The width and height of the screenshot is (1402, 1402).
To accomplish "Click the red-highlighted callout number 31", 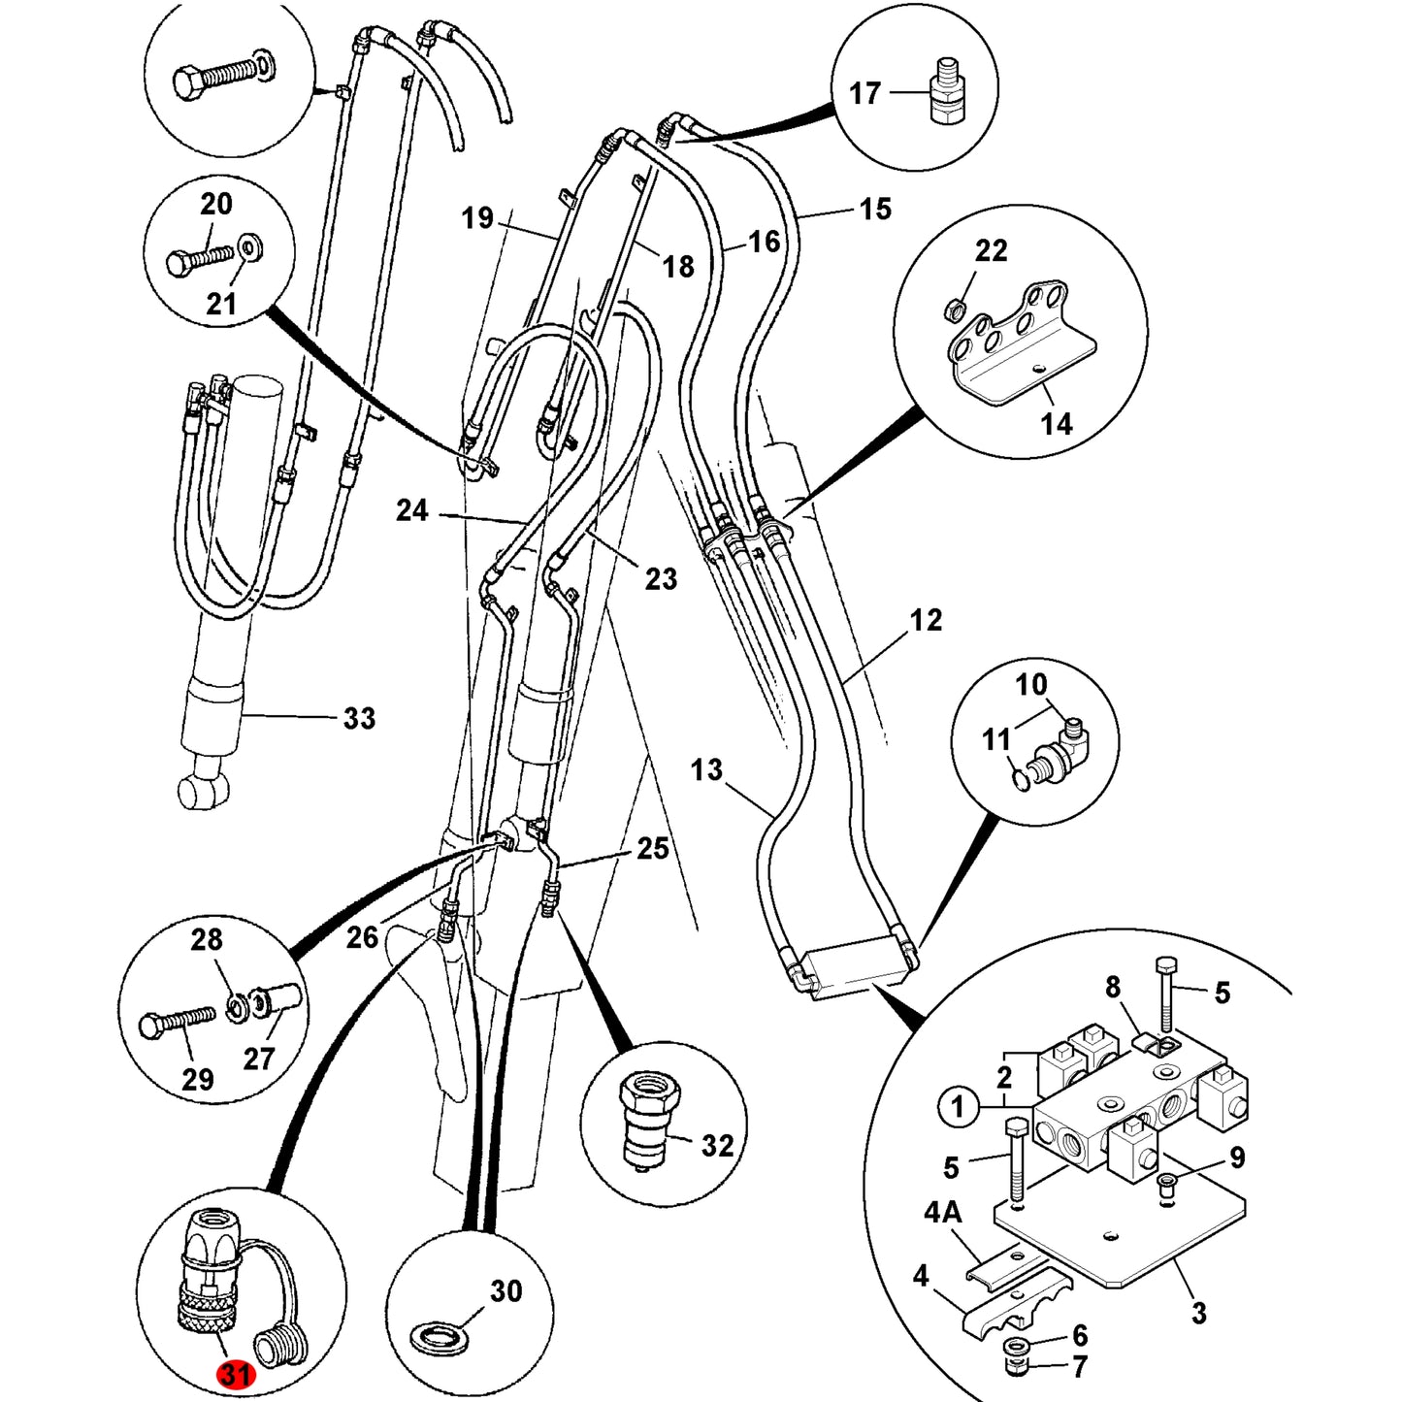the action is pyautogui.click(x=235, y=1374).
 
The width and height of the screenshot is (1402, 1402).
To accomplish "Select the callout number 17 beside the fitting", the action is pyautogui.click(x=864, y=93).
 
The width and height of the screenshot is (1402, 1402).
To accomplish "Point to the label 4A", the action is pyautogui.click(x=943, y=1214).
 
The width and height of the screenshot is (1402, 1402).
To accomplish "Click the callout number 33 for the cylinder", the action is pyautogui.click(x=359, y=717).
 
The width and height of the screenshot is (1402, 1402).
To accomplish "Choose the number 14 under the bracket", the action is pyautogui.click(x=1057, y=423).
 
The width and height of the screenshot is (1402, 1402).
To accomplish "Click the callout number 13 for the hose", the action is pyautogui.click(x=706, y=768).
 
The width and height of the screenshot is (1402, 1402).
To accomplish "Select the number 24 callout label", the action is pyautogui.click(x=411, y=510).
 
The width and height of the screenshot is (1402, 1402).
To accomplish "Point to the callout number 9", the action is pyautogui.click(x=1238, y=1157).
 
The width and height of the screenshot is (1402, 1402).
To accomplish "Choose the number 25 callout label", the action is pyautogui.click(x=652, y=848).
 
